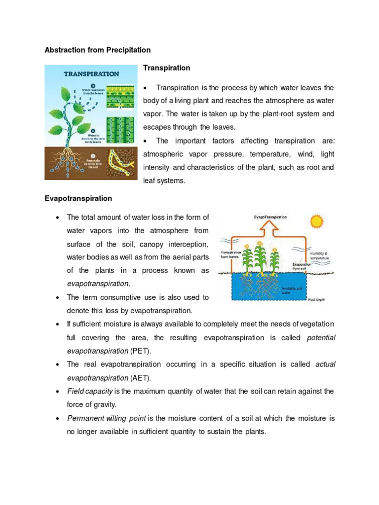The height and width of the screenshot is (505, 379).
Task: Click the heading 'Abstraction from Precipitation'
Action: (97, 50)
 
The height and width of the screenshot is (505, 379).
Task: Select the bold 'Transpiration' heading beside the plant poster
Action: (166, 68)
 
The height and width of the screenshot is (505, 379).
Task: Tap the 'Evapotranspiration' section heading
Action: (78, 198)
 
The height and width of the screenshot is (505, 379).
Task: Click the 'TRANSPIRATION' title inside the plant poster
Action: (91, 74)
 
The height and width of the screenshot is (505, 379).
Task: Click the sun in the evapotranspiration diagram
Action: (316, 220)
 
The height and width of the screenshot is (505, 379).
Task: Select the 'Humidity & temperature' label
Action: (318, 255)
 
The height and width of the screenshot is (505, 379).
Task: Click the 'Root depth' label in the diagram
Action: (316, 299)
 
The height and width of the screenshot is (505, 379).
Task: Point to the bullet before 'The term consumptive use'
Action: (58, 297)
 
